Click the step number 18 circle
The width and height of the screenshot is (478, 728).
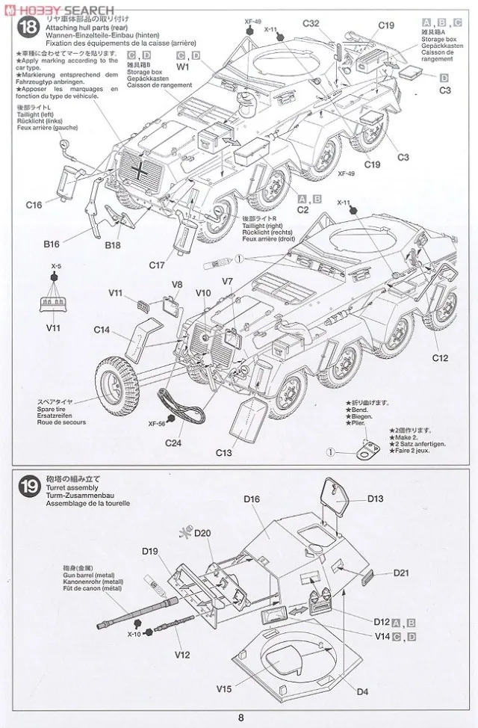(x=28, y=28)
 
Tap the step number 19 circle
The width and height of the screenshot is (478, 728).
(x=28, y=486)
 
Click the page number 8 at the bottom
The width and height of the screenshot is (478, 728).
(x=240, y=718)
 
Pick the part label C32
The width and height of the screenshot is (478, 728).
(x=311, y=24)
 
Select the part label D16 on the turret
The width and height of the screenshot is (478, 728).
(x=251, y=498)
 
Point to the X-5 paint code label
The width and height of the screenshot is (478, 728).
(x=56, y=265)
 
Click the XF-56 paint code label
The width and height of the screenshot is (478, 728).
(x=156, y=422)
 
